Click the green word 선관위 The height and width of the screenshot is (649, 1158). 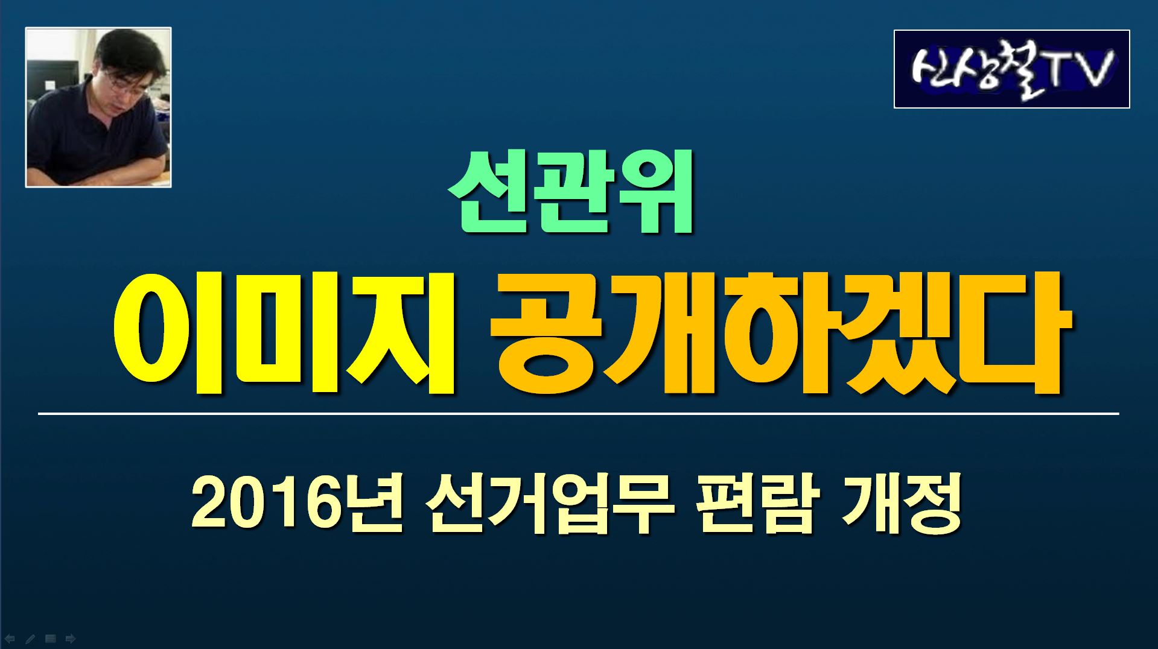[x=570, y=194]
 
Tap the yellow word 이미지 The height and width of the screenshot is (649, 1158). [x=284, y=334]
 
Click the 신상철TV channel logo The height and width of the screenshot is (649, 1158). [x=1011, y=69]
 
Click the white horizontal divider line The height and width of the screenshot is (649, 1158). [x=578, y=414]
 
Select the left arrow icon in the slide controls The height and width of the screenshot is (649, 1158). [x=10, y=638]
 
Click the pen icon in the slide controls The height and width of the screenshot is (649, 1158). [x=30, y=638]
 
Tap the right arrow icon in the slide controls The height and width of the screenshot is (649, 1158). [x=71, y=638]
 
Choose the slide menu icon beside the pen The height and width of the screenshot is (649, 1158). [x=51, y=638]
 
